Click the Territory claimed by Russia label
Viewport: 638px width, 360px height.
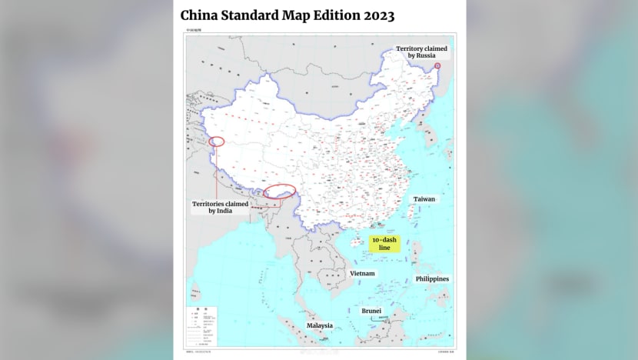coord(421,52)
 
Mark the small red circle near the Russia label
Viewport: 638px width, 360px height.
coord(437,66)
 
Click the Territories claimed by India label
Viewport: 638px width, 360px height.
coord(220,207)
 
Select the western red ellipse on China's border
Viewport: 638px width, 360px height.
coord(217,142)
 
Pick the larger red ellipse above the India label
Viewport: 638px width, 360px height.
coord(278,191)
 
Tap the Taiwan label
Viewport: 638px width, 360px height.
coord(424,198)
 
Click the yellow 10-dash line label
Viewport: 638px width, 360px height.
coord(384,244)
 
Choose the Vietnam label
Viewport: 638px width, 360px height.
coord(362,273)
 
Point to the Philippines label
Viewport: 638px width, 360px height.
coord(432,278)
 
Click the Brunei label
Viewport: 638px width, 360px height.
coord(372,311)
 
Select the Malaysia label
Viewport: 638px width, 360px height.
coord(320,325)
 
